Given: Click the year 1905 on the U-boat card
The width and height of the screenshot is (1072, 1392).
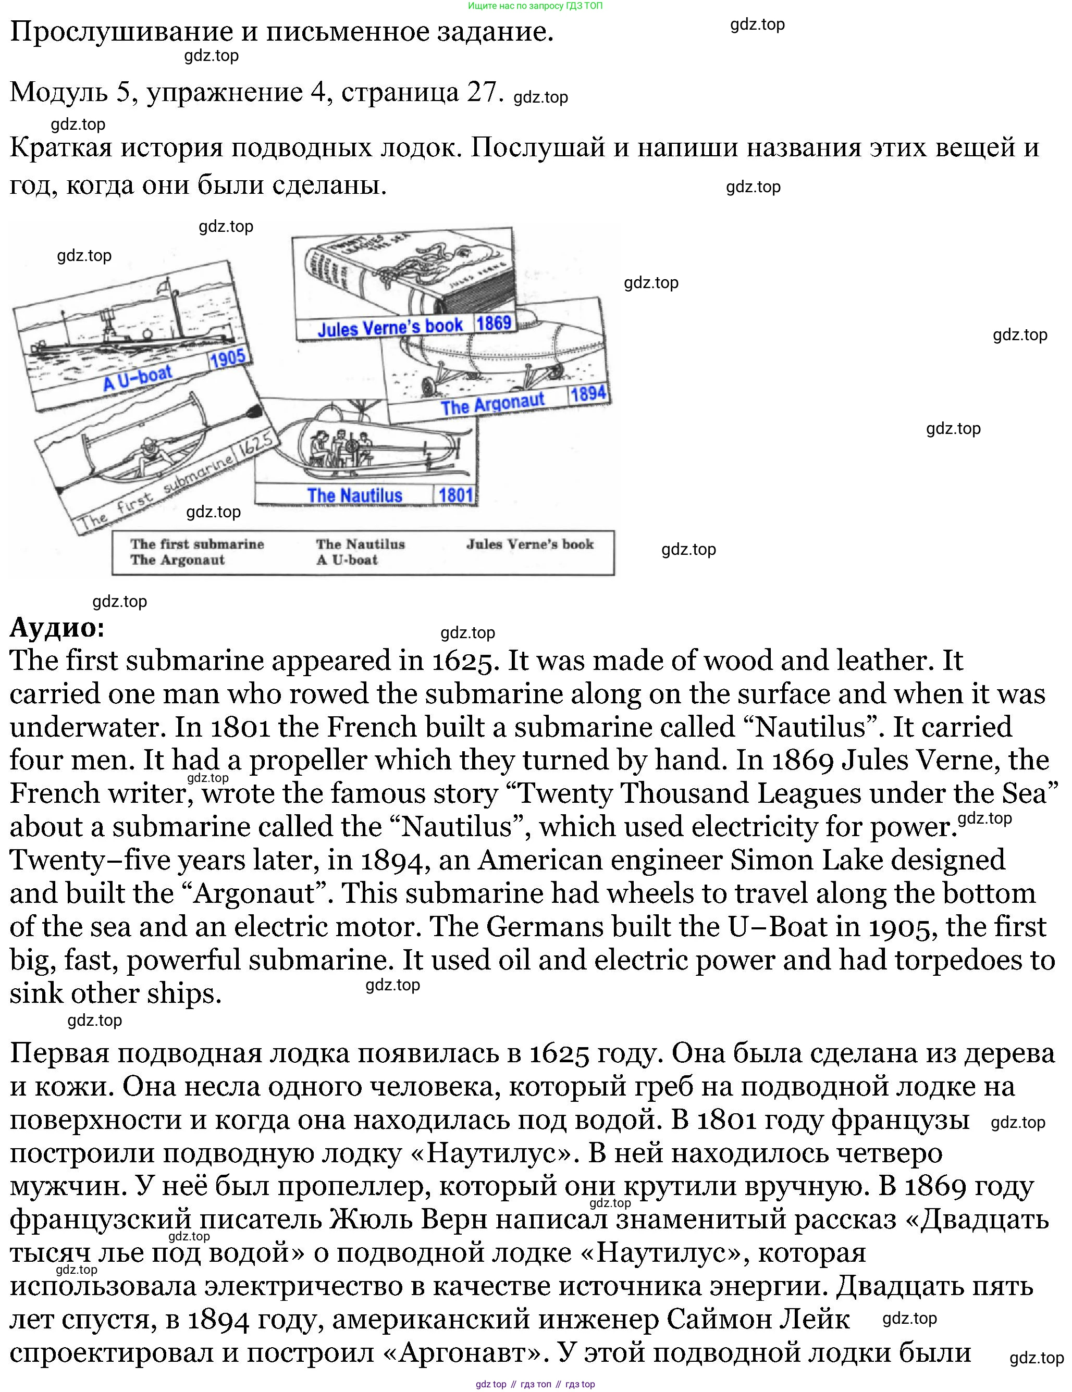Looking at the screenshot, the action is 227,359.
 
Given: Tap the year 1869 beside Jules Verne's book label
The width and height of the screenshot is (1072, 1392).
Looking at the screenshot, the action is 494,322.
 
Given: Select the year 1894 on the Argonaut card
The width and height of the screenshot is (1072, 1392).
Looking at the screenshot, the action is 588,394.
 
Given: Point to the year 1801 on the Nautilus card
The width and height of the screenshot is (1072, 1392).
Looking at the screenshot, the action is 455,494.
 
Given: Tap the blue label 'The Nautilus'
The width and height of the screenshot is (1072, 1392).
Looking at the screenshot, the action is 354,495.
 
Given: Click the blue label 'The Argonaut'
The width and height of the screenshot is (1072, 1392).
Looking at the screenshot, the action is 493,403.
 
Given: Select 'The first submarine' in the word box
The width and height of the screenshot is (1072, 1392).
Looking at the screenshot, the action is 197,544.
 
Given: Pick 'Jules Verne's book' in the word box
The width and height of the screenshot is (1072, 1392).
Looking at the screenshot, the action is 530,544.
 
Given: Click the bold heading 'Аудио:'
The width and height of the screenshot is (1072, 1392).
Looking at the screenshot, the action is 57,628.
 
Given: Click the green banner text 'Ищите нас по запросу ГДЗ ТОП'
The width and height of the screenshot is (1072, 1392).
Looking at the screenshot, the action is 535,6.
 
